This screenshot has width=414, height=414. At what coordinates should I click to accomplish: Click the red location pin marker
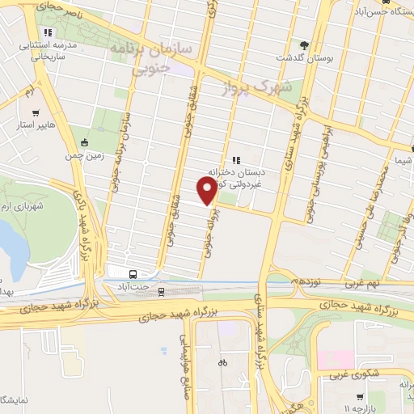207,191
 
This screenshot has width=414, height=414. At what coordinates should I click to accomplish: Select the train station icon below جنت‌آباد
160,291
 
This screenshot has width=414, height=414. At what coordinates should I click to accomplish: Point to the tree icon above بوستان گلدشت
304,45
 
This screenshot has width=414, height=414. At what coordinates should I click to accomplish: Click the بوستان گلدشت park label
294,58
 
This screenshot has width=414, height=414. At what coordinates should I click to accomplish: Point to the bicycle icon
222,363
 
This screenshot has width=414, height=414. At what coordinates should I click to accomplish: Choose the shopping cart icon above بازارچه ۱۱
357,398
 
